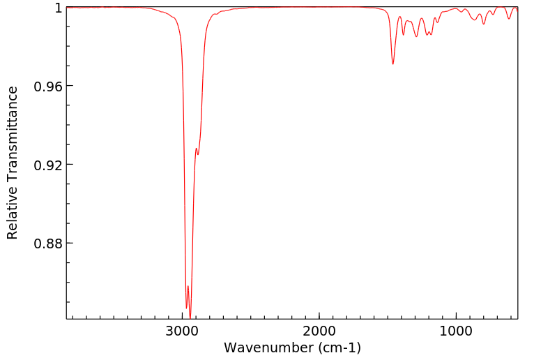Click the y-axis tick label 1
click(57, 8)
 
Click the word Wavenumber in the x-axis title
click(268, 347)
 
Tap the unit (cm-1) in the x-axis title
click(338, 347)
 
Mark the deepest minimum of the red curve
click(190, 318)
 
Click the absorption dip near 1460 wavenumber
click(393, 64)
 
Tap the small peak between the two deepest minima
click(188, 286)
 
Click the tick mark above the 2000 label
click(319, 316)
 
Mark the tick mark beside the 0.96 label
click(69, 86)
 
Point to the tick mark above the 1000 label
click(456, 316)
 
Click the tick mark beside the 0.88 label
click(69, 243)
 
